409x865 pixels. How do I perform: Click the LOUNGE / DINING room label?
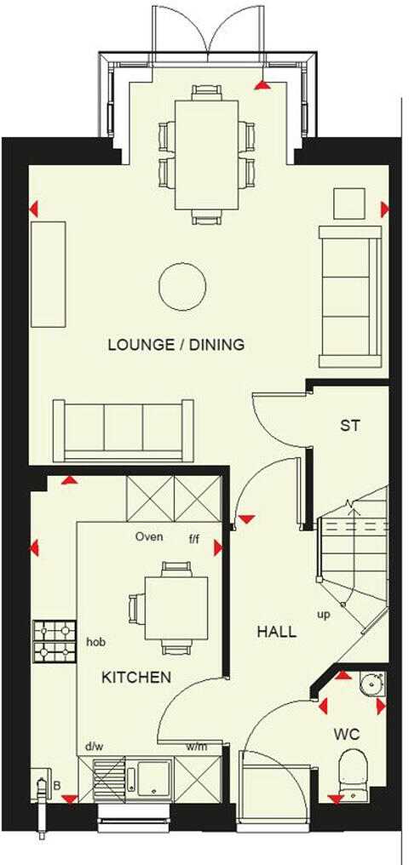(x=176, y=345)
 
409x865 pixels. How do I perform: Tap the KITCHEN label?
(x=136, y=678)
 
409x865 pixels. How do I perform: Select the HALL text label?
(x=277, y=632)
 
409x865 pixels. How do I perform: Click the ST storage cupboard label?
(x=350, y=426)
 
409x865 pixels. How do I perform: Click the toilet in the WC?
(x=351, y=770)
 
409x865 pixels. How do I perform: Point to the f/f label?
(x=195, y=538)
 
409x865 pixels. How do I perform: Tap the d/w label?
(x=93, y=748)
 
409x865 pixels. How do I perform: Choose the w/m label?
(x=196, y=748)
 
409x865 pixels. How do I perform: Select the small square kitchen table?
(x=176, y=606)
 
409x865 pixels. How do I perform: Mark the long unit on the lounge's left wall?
(x=49, y=273)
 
